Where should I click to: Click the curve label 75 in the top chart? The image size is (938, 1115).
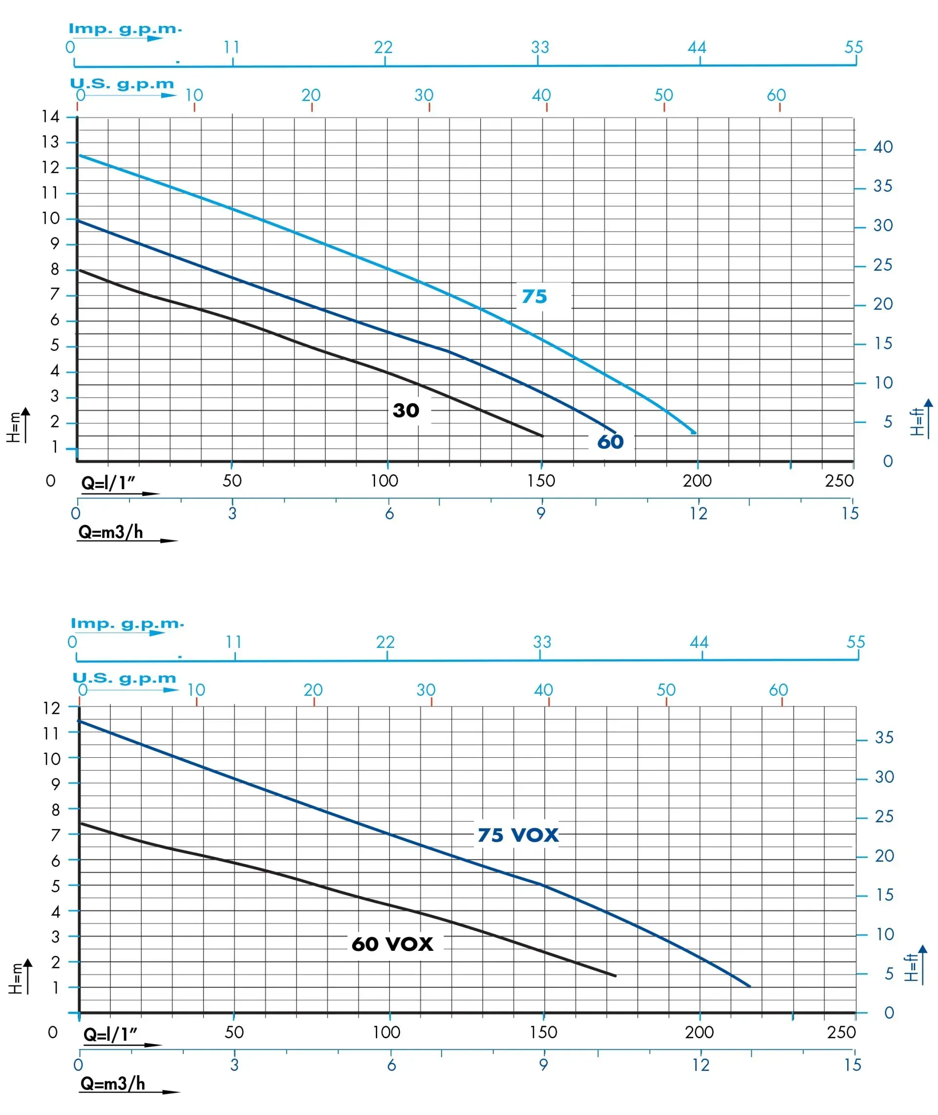534,296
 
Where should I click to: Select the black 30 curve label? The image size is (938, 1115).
405,410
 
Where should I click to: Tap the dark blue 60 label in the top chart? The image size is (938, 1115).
610,441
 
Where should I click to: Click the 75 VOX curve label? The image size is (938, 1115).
518,835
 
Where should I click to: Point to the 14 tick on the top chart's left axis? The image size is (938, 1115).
50,116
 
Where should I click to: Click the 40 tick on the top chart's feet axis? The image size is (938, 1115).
883,147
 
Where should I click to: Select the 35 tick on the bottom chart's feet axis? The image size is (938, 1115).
884,737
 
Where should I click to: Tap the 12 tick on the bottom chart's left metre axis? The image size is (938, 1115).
52,708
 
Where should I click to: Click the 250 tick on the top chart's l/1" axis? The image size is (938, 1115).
839,481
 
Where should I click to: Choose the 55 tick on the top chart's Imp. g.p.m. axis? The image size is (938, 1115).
853,47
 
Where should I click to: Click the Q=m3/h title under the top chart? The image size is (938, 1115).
110,532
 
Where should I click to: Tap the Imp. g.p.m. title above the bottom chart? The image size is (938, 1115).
127,623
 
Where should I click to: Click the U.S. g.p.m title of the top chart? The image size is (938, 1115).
122,84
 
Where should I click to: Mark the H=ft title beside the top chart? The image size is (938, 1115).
916,422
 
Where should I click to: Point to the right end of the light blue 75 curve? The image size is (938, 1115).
694,433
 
